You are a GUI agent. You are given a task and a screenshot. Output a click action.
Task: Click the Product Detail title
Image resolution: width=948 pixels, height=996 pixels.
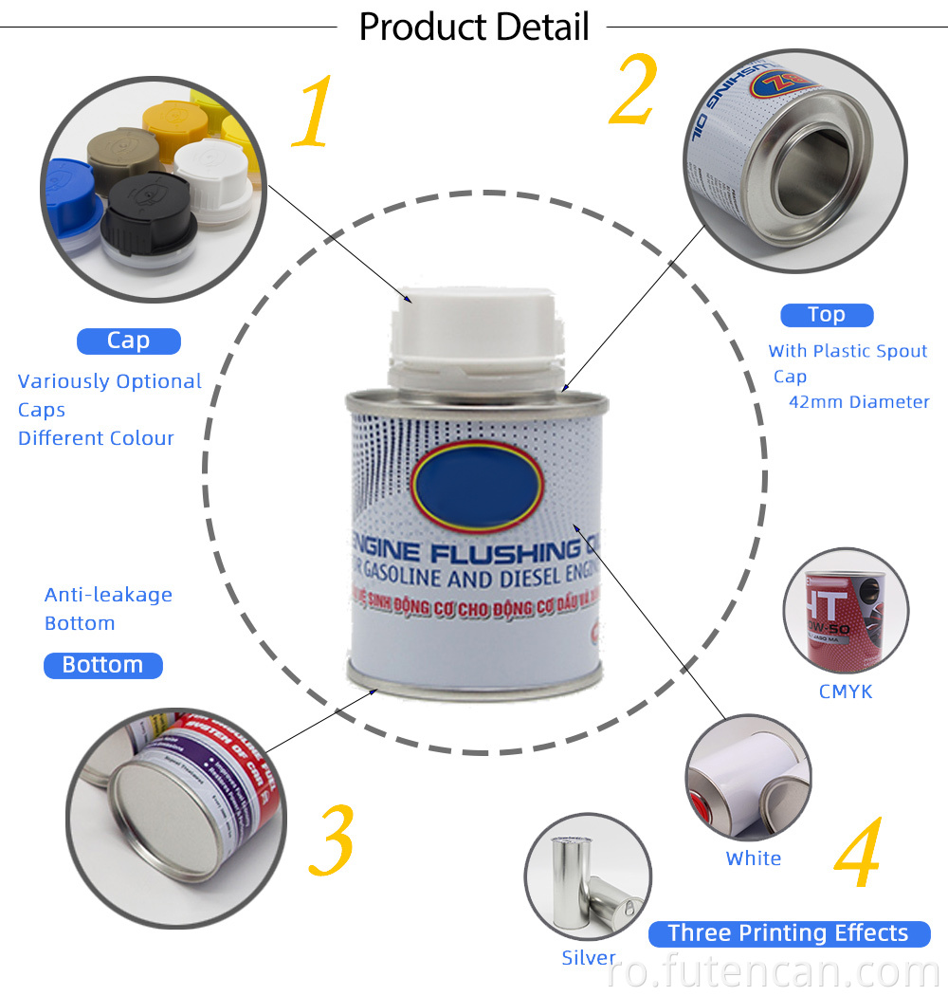(x=474, y=27)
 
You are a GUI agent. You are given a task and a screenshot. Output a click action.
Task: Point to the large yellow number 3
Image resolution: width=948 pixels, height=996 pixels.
(x=332, y=840)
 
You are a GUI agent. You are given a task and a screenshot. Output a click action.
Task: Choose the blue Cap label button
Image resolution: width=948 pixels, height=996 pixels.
(x=128, y=341)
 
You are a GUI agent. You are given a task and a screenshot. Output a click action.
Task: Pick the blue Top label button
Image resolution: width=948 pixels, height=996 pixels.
(x=826, y=315)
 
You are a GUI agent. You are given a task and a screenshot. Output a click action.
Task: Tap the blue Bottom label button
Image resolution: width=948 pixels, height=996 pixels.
(x=102, y=665)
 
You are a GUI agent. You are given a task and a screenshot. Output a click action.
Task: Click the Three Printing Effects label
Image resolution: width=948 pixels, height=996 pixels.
(x=788, y=933)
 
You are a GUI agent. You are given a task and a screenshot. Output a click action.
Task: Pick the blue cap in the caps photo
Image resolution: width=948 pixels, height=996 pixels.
(x=71, y=204)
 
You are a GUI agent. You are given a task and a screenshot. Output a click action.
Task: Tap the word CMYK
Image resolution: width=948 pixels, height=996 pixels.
(x=846, y=692)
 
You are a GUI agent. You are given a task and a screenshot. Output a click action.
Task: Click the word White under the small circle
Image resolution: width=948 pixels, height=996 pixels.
(x=754, y=858)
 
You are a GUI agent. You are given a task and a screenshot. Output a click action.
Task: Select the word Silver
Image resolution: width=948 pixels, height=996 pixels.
(x=588, y=958)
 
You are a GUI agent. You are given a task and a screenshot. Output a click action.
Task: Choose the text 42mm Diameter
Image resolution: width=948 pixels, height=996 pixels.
(x=859, y=402)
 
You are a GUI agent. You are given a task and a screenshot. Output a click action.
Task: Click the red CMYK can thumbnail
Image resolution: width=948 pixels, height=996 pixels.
(x=846, y=611)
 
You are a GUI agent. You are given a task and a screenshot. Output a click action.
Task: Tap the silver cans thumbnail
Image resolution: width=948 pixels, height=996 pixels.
(x=588, y=876)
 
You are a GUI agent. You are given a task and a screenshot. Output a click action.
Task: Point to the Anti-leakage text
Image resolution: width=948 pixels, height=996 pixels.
(x=108, y=595)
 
